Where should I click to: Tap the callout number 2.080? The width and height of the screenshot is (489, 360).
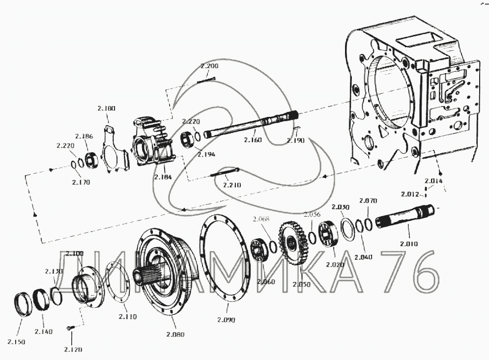click(175, 334)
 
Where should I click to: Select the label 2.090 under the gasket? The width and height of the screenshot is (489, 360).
click(226, 320)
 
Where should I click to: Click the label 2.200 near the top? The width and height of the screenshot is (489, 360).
click(209, 66)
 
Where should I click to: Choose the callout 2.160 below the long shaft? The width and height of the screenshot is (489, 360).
click(253, 140)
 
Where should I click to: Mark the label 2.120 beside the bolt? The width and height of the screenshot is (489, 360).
click(72, 349)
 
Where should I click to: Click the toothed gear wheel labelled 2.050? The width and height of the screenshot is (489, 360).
click(294, 244)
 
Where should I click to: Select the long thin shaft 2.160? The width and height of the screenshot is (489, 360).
click(251, 126)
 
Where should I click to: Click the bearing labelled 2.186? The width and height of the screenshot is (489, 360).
click(91, 160)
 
